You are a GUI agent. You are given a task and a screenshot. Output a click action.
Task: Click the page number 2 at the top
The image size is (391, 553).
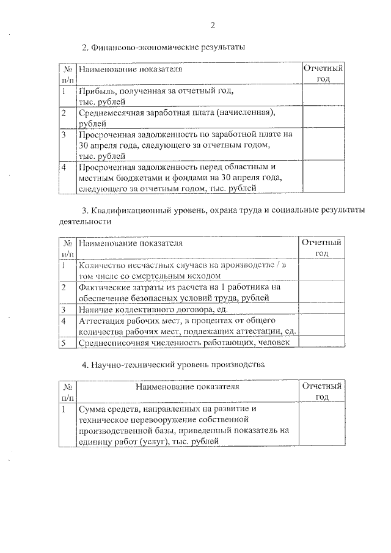(x=213, y=25)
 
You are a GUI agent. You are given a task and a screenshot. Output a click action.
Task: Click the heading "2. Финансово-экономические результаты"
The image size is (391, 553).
(x=163, y=47)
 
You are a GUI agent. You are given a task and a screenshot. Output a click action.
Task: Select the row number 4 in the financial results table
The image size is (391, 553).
(x=64, y=167)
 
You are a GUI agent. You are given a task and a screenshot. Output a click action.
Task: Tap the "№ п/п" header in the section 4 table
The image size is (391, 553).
(x=68, y=392)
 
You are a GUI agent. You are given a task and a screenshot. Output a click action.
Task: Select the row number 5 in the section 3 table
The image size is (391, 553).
(x=64, y=343)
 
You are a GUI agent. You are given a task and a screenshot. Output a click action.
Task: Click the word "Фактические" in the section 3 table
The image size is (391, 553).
(x=102, y=287)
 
